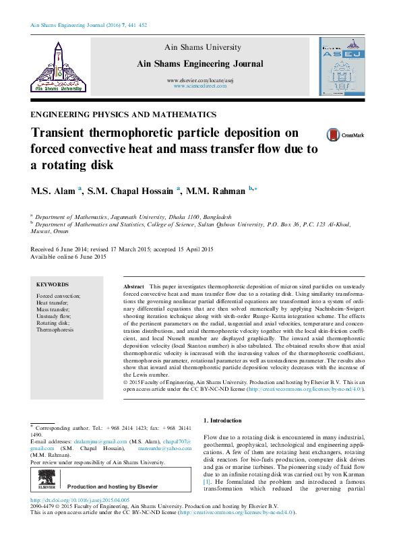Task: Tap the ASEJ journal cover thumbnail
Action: tap(342, 66)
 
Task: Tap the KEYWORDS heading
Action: tap(52, 285)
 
